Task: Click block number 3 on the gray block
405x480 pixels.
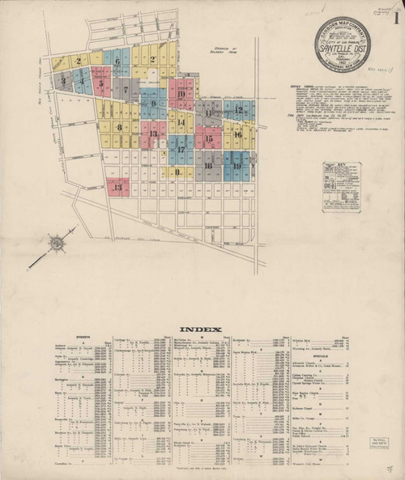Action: [62, 80]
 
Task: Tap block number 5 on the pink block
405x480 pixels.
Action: [100, 82]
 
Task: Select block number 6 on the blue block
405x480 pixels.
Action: [117, 61]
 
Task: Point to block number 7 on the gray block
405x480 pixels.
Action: [126, 89]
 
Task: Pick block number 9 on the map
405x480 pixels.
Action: [152, 104]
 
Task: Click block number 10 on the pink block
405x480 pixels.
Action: [181, 93]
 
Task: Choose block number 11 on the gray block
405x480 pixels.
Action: [208, 113]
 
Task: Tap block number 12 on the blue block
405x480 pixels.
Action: [238, 108]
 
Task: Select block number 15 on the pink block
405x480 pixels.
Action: [208, 139]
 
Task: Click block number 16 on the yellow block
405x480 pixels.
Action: [238, 134]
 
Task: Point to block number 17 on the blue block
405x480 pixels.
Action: [181, 150]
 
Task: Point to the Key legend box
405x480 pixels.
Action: [342, 186]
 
